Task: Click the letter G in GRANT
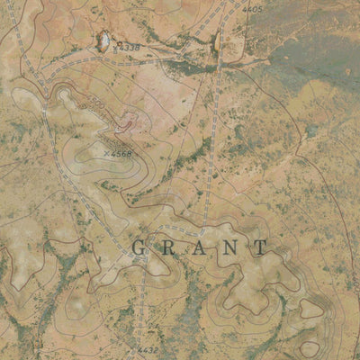(x=140, y=247)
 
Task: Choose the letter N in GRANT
(x=230, y=247)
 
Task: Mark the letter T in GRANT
(x=260, y=247)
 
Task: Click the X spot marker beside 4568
(x=106, y=154)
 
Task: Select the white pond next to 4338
(x=102, y=40)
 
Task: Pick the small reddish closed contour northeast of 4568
(x=126, y=123)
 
